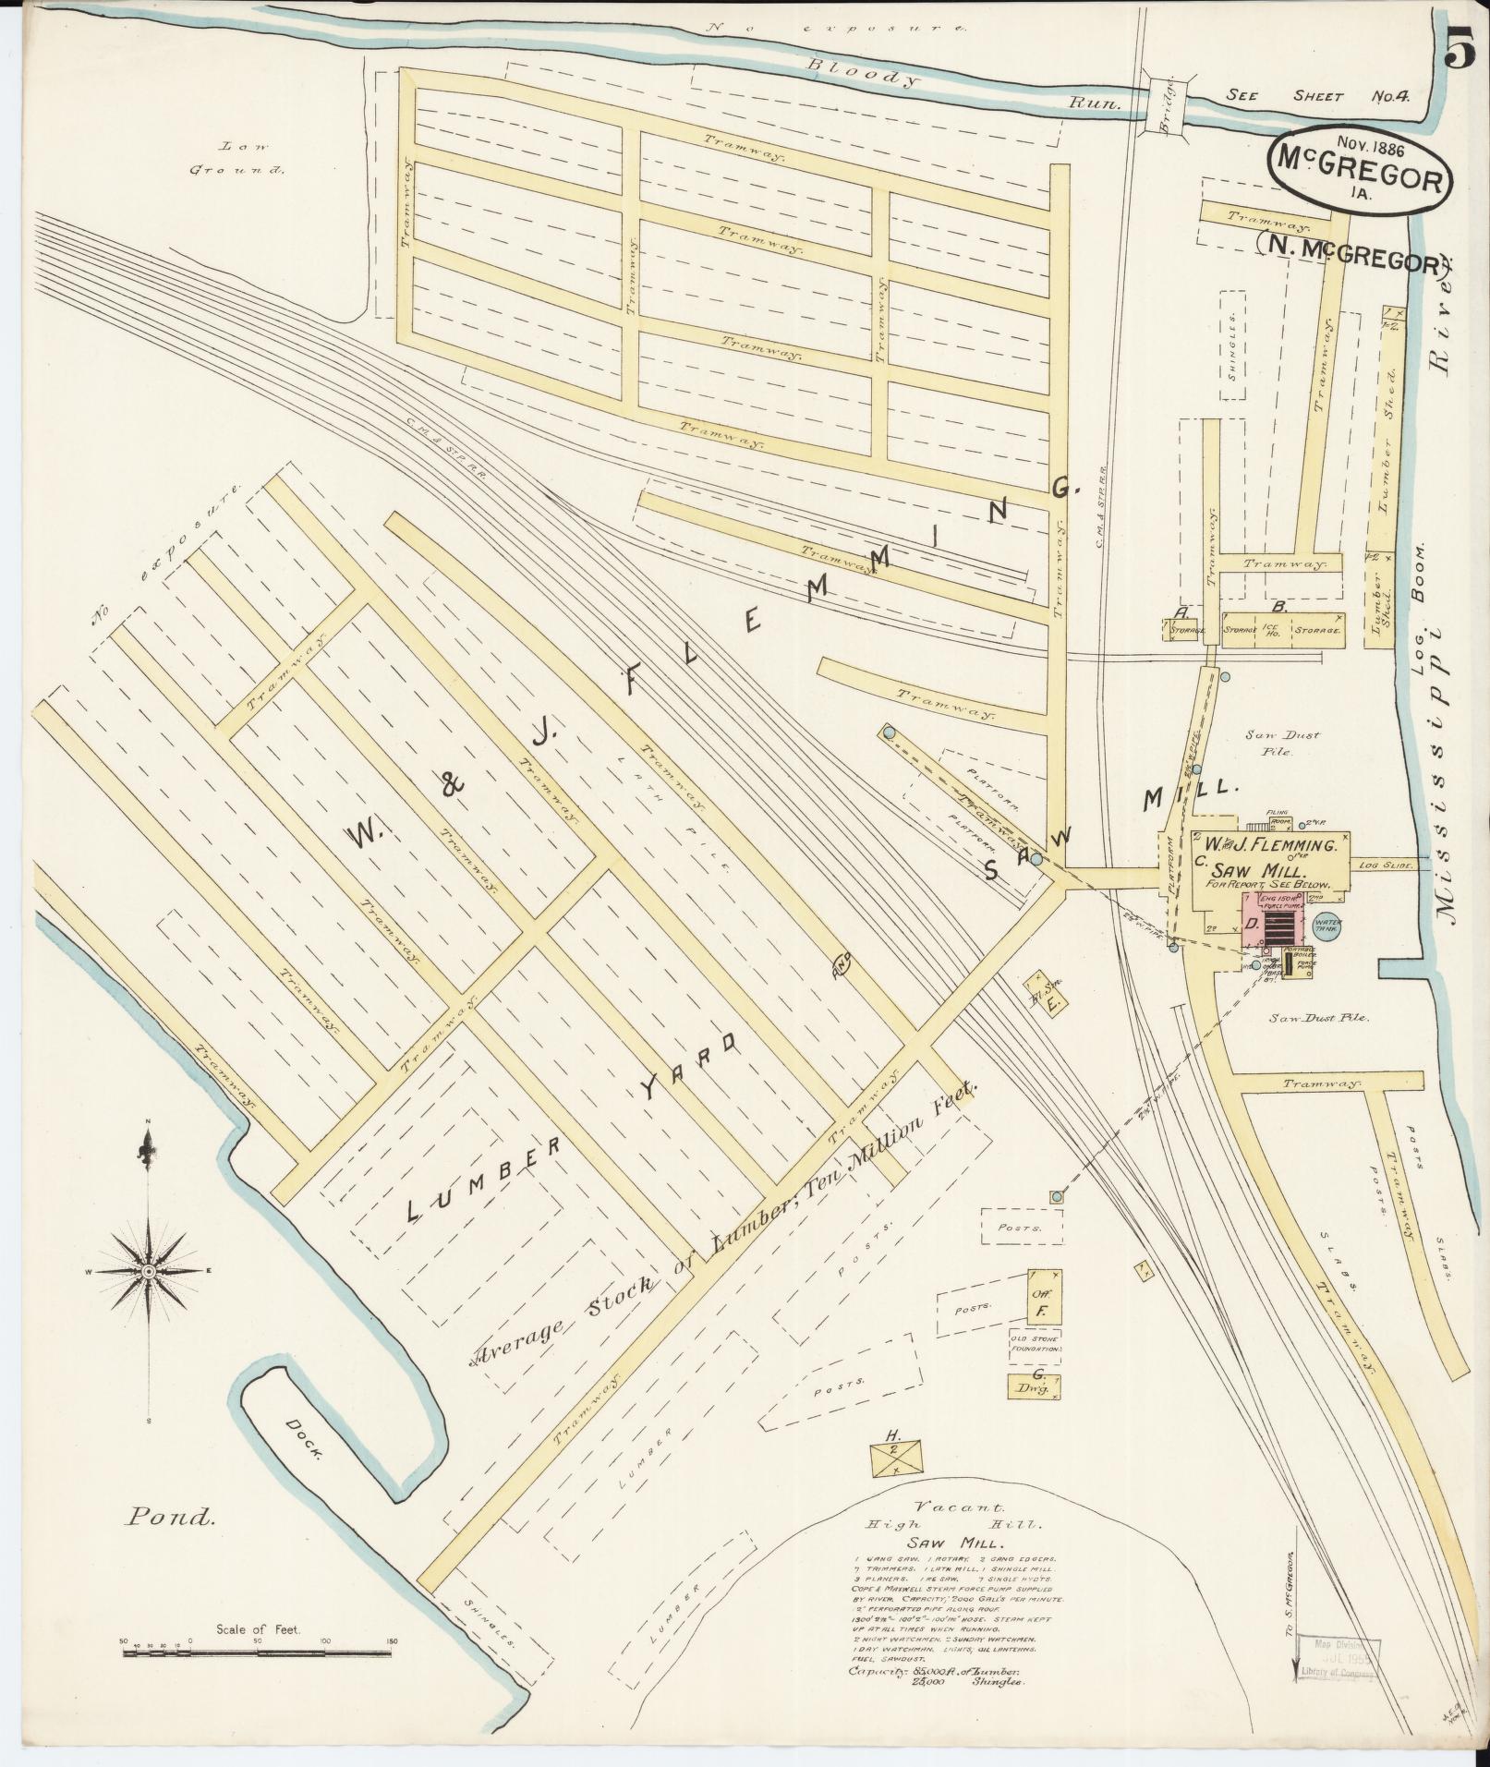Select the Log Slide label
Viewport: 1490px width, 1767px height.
[1379, 865]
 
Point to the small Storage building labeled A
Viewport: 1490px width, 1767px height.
[1185, 629]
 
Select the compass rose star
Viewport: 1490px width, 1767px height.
[148, 1272]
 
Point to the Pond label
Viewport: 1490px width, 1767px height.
[172, 1516]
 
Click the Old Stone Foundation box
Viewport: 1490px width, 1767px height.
[1035, 1344]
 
